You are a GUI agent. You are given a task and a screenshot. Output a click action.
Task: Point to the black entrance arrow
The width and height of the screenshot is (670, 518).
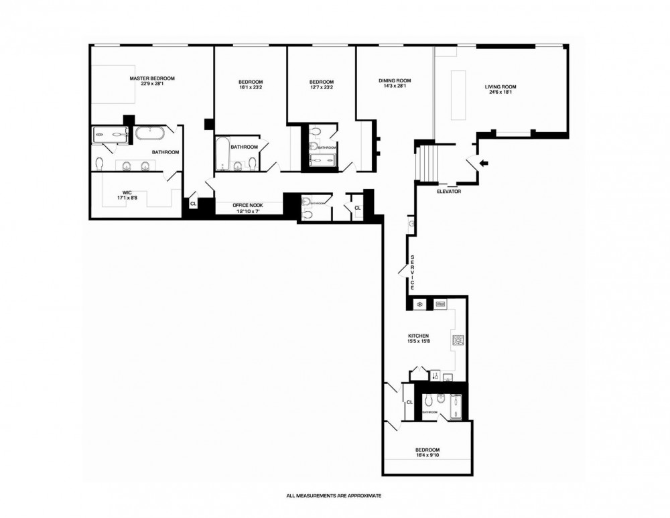click(x=484, y=163)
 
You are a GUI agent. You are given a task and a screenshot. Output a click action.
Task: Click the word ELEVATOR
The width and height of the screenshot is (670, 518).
click(x=448, y=192)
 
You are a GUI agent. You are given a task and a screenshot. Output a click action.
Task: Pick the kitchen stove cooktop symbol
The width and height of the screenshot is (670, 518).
click(x=459, y=340)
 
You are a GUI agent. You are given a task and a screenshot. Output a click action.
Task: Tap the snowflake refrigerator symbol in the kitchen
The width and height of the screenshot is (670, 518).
click(x=420, y=305)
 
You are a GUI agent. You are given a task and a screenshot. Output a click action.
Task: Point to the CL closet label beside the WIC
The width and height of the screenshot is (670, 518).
click(x=193, y=203)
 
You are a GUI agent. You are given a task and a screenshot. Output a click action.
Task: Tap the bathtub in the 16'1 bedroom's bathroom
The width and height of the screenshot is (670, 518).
click(x=221, y=153)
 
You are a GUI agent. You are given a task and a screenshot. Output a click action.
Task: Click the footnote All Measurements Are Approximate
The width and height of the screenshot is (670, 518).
click(x=334, y=497)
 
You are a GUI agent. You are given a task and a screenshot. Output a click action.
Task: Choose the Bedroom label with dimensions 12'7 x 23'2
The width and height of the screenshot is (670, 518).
click(x=321, y=85)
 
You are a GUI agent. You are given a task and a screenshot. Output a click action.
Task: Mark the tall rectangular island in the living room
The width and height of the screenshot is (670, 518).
click(x=460, y=94)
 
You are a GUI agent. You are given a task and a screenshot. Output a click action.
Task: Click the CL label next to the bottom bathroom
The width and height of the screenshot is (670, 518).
click(x=409, y=402)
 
